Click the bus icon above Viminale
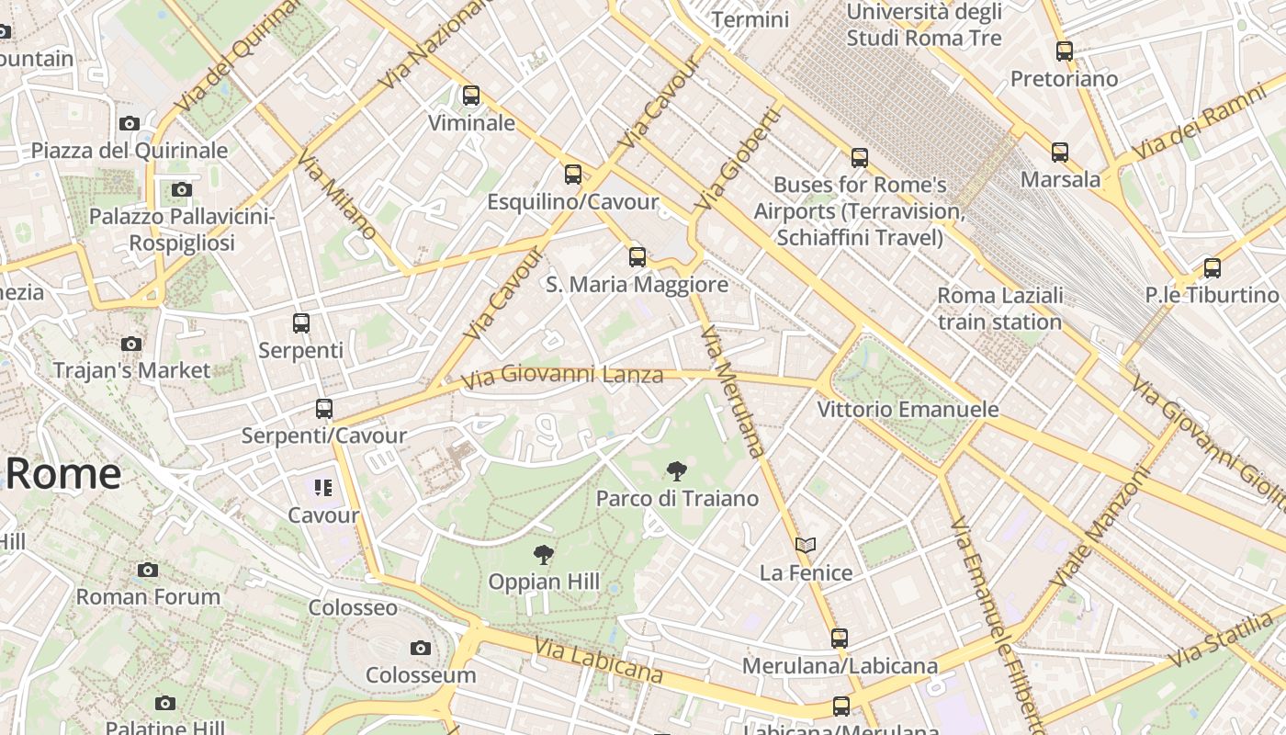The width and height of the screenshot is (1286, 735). click(x=471, y=96)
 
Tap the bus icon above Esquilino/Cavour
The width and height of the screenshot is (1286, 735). click(x=573, y=174)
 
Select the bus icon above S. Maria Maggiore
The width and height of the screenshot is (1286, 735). click(x=637, y=257)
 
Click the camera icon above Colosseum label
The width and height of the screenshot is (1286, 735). click(x=421, y=649)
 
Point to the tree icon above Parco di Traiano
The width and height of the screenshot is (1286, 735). click(x=677, y=472)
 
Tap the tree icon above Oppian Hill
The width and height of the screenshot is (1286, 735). click(x=544, y=555)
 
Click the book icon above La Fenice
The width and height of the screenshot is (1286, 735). click(x=806, y=546)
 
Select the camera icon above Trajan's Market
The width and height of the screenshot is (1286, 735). click(x=131, y=345)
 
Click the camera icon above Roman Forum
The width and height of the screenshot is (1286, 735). click(x=148, y=571)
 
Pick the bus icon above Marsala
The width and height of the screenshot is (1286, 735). click(x=1060, y=153)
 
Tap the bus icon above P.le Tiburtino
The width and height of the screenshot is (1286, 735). click(x=1213, y=268)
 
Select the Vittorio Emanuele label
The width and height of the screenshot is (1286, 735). click(x=908, y=410)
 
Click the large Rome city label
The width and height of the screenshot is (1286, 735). click(x=62, y=474)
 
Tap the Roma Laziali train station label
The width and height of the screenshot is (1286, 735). click(x=999, y=309)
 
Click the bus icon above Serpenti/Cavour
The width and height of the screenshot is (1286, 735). click(x=324, y=409)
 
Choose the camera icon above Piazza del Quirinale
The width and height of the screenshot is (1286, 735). click(x=130, y=124)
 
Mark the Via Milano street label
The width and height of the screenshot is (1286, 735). click(x=335, y=195)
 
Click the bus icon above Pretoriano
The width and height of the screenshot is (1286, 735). click(x=1065, y=51)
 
